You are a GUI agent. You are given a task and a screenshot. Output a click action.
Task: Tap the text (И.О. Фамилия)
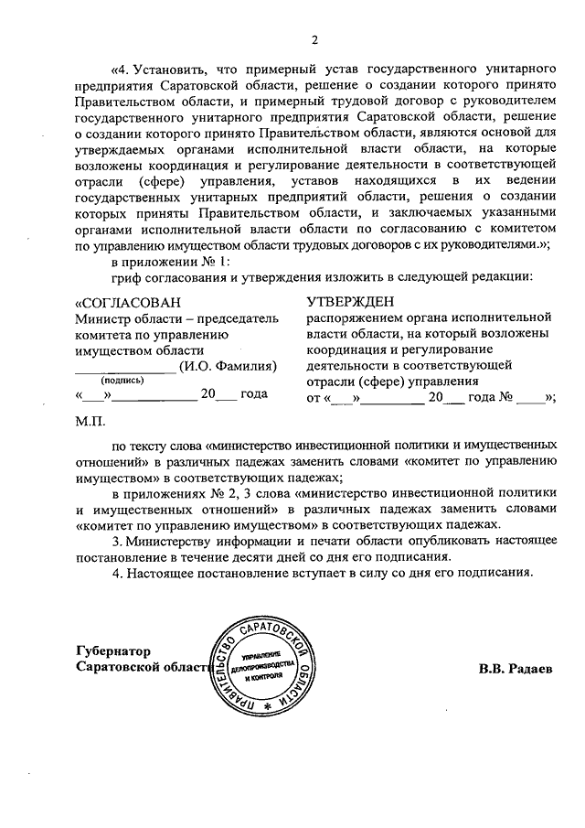(228, 366)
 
